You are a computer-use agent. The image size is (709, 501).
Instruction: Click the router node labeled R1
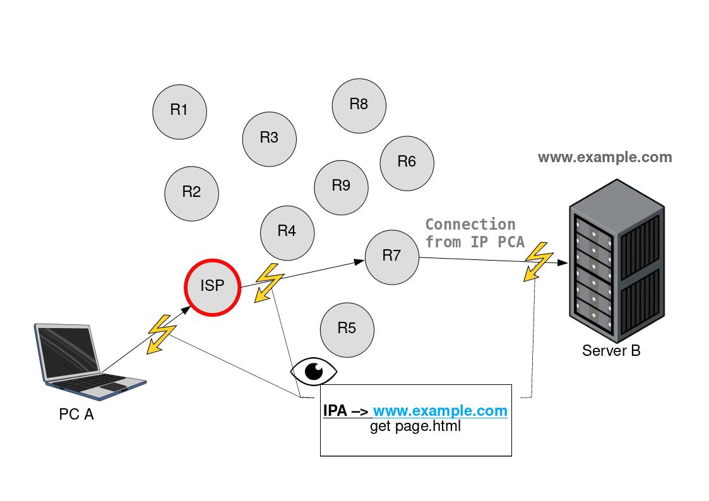(179, 111)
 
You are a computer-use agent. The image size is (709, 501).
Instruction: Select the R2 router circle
(191, 193)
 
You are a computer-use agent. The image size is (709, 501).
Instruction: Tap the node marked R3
(270, 139)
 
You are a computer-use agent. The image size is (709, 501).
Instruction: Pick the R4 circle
(287, 232)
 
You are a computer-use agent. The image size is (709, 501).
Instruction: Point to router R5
(347, 329)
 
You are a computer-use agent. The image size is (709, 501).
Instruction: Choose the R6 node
(407, 163)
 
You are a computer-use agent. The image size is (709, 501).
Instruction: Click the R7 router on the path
(392, 257)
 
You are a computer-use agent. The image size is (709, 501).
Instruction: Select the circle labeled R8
(359, 105)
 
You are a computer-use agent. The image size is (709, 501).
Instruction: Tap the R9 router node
(341, 187)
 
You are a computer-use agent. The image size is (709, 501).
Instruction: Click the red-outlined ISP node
(212, 287)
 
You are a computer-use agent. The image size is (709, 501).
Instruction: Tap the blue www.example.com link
(440, 411)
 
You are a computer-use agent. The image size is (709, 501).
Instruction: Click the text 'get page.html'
(415, 427)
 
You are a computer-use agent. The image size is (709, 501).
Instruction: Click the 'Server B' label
(611, 351)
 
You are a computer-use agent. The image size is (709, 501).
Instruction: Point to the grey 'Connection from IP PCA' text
(474, 233)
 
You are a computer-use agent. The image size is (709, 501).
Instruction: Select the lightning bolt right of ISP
(268, 282)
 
